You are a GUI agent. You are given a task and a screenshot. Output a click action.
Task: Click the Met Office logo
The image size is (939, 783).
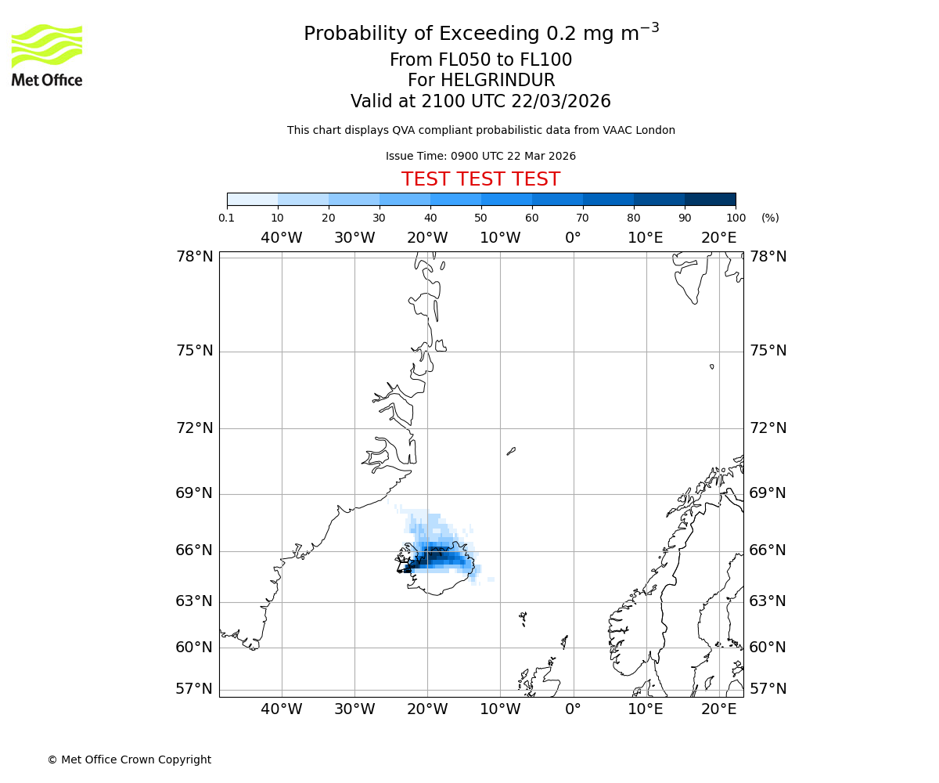tap(47, 55)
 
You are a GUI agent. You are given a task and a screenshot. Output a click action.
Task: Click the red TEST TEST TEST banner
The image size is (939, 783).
tap(480, 179)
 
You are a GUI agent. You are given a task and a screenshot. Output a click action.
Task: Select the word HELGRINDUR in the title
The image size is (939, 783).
tap(498, 81)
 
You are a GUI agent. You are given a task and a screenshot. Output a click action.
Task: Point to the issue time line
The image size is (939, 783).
tap(480, 156)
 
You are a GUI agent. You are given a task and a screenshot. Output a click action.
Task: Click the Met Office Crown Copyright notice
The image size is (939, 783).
tap(129, 760)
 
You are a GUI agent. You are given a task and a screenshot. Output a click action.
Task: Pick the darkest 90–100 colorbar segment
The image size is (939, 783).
tap(710, 199)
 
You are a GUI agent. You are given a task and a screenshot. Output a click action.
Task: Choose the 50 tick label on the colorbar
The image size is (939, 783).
tap(480, 218)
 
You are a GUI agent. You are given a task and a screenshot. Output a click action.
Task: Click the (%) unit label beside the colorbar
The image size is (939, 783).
tap(770, 218)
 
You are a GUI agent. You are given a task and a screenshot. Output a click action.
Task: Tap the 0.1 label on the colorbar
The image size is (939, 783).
tap(227, 218)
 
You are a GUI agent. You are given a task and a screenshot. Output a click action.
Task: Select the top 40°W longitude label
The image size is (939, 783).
tap(282, 238)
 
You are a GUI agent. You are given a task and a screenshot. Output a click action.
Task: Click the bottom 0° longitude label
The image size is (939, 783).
tap(573, 709)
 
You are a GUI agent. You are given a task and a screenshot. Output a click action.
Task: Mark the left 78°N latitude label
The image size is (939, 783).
tap(194, 257)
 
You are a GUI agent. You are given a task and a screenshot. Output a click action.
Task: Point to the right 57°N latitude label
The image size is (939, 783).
tap(768, 689)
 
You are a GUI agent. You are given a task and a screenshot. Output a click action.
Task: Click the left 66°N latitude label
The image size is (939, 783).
tap(194, 550)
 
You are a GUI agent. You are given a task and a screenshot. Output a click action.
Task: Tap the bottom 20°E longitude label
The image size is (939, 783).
tap(718, 709)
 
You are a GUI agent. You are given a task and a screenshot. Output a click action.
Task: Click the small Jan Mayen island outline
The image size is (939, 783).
tap(511, 451)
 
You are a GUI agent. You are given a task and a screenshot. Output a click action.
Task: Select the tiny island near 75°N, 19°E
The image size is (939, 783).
tap(711, 366)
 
